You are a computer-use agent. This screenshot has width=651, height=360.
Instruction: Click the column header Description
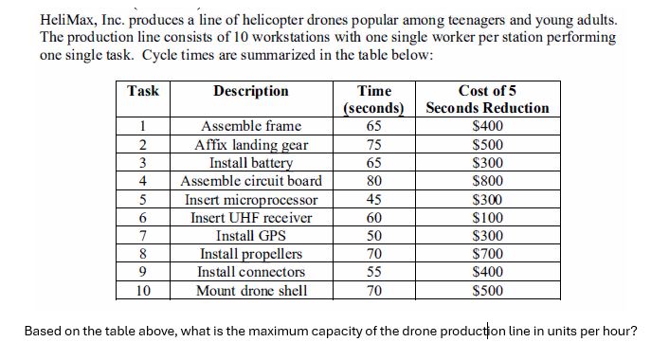click(x=251, y=91)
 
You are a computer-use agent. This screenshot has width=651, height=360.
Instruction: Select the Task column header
click(x=143, y=91)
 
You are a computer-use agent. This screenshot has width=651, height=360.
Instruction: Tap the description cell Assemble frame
click(x=251, y=126)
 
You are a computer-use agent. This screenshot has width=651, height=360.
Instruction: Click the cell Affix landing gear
click(x=251, y=145)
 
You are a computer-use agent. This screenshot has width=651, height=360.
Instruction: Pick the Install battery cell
click(x=251, y=162)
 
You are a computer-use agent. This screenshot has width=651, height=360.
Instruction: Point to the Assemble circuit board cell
click(x=251, y=181)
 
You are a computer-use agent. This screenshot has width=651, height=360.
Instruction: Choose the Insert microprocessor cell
click(x=251, y=200)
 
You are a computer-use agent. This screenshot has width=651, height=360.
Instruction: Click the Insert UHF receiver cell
click(x=251, y=218)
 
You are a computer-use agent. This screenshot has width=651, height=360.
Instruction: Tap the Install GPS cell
click(x=251, y=236)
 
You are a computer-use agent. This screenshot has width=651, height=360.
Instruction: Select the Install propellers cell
click(x=251, y=254)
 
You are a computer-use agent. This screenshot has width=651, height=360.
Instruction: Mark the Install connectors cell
click(x=251, y=272)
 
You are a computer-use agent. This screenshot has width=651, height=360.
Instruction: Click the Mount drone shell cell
click(x=251, y=290)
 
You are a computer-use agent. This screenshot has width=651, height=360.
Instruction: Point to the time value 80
click(x=373, y=181)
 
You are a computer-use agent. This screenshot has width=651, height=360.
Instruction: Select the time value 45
click(x=373, y=200)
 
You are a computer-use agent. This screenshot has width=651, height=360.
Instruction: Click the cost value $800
click(x=487, y=181)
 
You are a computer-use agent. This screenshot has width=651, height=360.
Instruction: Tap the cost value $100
click(x=487, y=218)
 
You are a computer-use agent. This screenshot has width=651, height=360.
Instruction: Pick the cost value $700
click(x=487, y=254)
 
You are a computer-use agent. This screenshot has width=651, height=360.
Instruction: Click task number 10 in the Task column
click(x=143, y=290)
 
